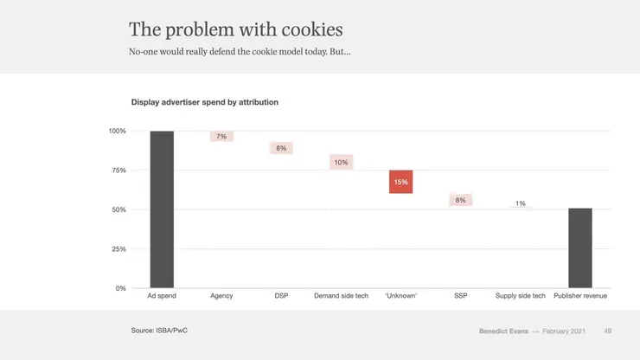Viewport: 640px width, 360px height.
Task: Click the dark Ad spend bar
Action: click(x=162, y=209)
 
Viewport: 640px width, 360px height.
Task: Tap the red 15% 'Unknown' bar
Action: click(x=400, y=182)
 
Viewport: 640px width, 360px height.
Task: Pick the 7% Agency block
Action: click(x=221, y=137)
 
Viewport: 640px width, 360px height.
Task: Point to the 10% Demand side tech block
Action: click(x=341, y=162)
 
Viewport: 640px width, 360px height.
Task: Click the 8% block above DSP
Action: click(x=281, y=148)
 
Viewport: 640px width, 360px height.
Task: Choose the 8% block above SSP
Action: click(x=460, y=200)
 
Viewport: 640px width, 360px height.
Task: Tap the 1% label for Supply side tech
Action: click(x=520, y=203)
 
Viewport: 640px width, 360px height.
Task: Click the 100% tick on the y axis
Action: click(x=117, y=131)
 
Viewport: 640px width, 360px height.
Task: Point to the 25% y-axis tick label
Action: click(x=118, y=249)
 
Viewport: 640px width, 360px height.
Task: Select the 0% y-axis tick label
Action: click(x=119, y=288)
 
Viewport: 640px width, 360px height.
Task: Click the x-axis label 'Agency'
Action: click(x=221, y=296)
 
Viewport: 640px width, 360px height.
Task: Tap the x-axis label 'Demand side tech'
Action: click(x=341, y=296)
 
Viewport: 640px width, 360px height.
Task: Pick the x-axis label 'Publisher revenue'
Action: click(x=579, y=296)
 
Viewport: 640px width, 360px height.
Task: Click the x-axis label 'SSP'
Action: click(x=460, y=296)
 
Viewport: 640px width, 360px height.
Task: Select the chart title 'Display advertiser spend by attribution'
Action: click(x=204, y=102)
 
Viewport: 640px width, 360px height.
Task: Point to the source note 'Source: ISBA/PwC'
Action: click(x=161, y=331)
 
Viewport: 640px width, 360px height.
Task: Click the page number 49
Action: click(x=608, y=331)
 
